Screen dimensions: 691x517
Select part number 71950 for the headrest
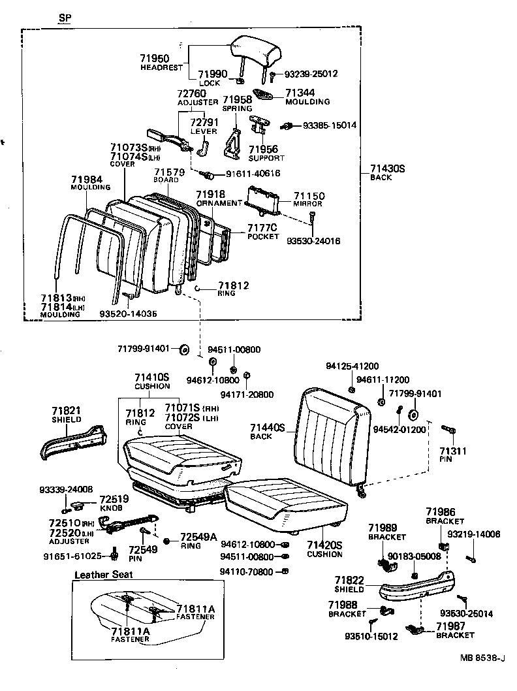click(154, 58)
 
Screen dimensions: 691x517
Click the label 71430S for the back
click(388, 169)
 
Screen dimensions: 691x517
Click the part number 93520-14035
click(128, 313)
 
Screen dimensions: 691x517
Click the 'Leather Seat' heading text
click(103, 575)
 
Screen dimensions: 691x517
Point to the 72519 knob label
click(114, 499)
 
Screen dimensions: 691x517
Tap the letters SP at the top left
click(64, 18)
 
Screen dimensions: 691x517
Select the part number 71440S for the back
click(268, 427)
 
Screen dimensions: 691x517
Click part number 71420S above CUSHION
click(324, 545)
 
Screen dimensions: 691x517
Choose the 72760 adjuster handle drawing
click(168, 137)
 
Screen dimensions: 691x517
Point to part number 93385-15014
click(330, 125)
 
